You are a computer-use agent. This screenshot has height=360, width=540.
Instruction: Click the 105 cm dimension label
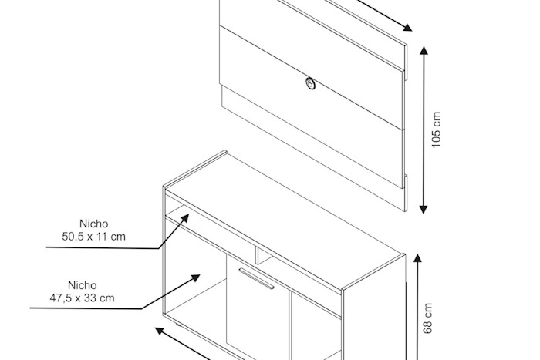point(436,130)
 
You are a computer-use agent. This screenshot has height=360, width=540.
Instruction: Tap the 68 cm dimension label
point(427,318)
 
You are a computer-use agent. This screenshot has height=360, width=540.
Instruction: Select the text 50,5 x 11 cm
point(93,237)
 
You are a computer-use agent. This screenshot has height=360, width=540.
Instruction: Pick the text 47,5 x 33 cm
point(82,298)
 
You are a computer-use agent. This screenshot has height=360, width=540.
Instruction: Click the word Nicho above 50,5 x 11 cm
point(93,224)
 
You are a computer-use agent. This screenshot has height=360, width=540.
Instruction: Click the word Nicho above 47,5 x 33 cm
point(82,285)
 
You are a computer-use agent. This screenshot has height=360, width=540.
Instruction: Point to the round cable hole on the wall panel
point(310,83)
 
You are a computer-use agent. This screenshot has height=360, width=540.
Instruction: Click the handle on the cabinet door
point(256,278)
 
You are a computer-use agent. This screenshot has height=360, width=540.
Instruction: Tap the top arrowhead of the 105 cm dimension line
point(424,50)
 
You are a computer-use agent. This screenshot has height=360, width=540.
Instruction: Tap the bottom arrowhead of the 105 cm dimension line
point(424,210)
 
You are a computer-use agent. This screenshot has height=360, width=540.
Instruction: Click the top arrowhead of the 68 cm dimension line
point(417,258)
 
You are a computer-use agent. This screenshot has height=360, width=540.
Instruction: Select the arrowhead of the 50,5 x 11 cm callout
point(185,217)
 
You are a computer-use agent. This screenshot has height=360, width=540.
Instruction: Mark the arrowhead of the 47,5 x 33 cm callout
point(196,278)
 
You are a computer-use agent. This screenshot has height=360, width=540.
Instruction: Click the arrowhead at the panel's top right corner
point(408,28)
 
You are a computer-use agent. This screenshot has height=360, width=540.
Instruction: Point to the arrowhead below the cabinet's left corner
point(159,331)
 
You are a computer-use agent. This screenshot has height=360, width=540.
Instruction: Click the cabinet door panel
point(258,310)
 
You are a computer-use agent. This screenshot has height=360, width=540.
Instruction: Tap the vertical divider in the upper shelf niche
point(257,255)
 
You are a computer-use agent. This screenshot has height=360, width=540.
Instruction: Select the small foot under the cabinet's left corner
point(177,325)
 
